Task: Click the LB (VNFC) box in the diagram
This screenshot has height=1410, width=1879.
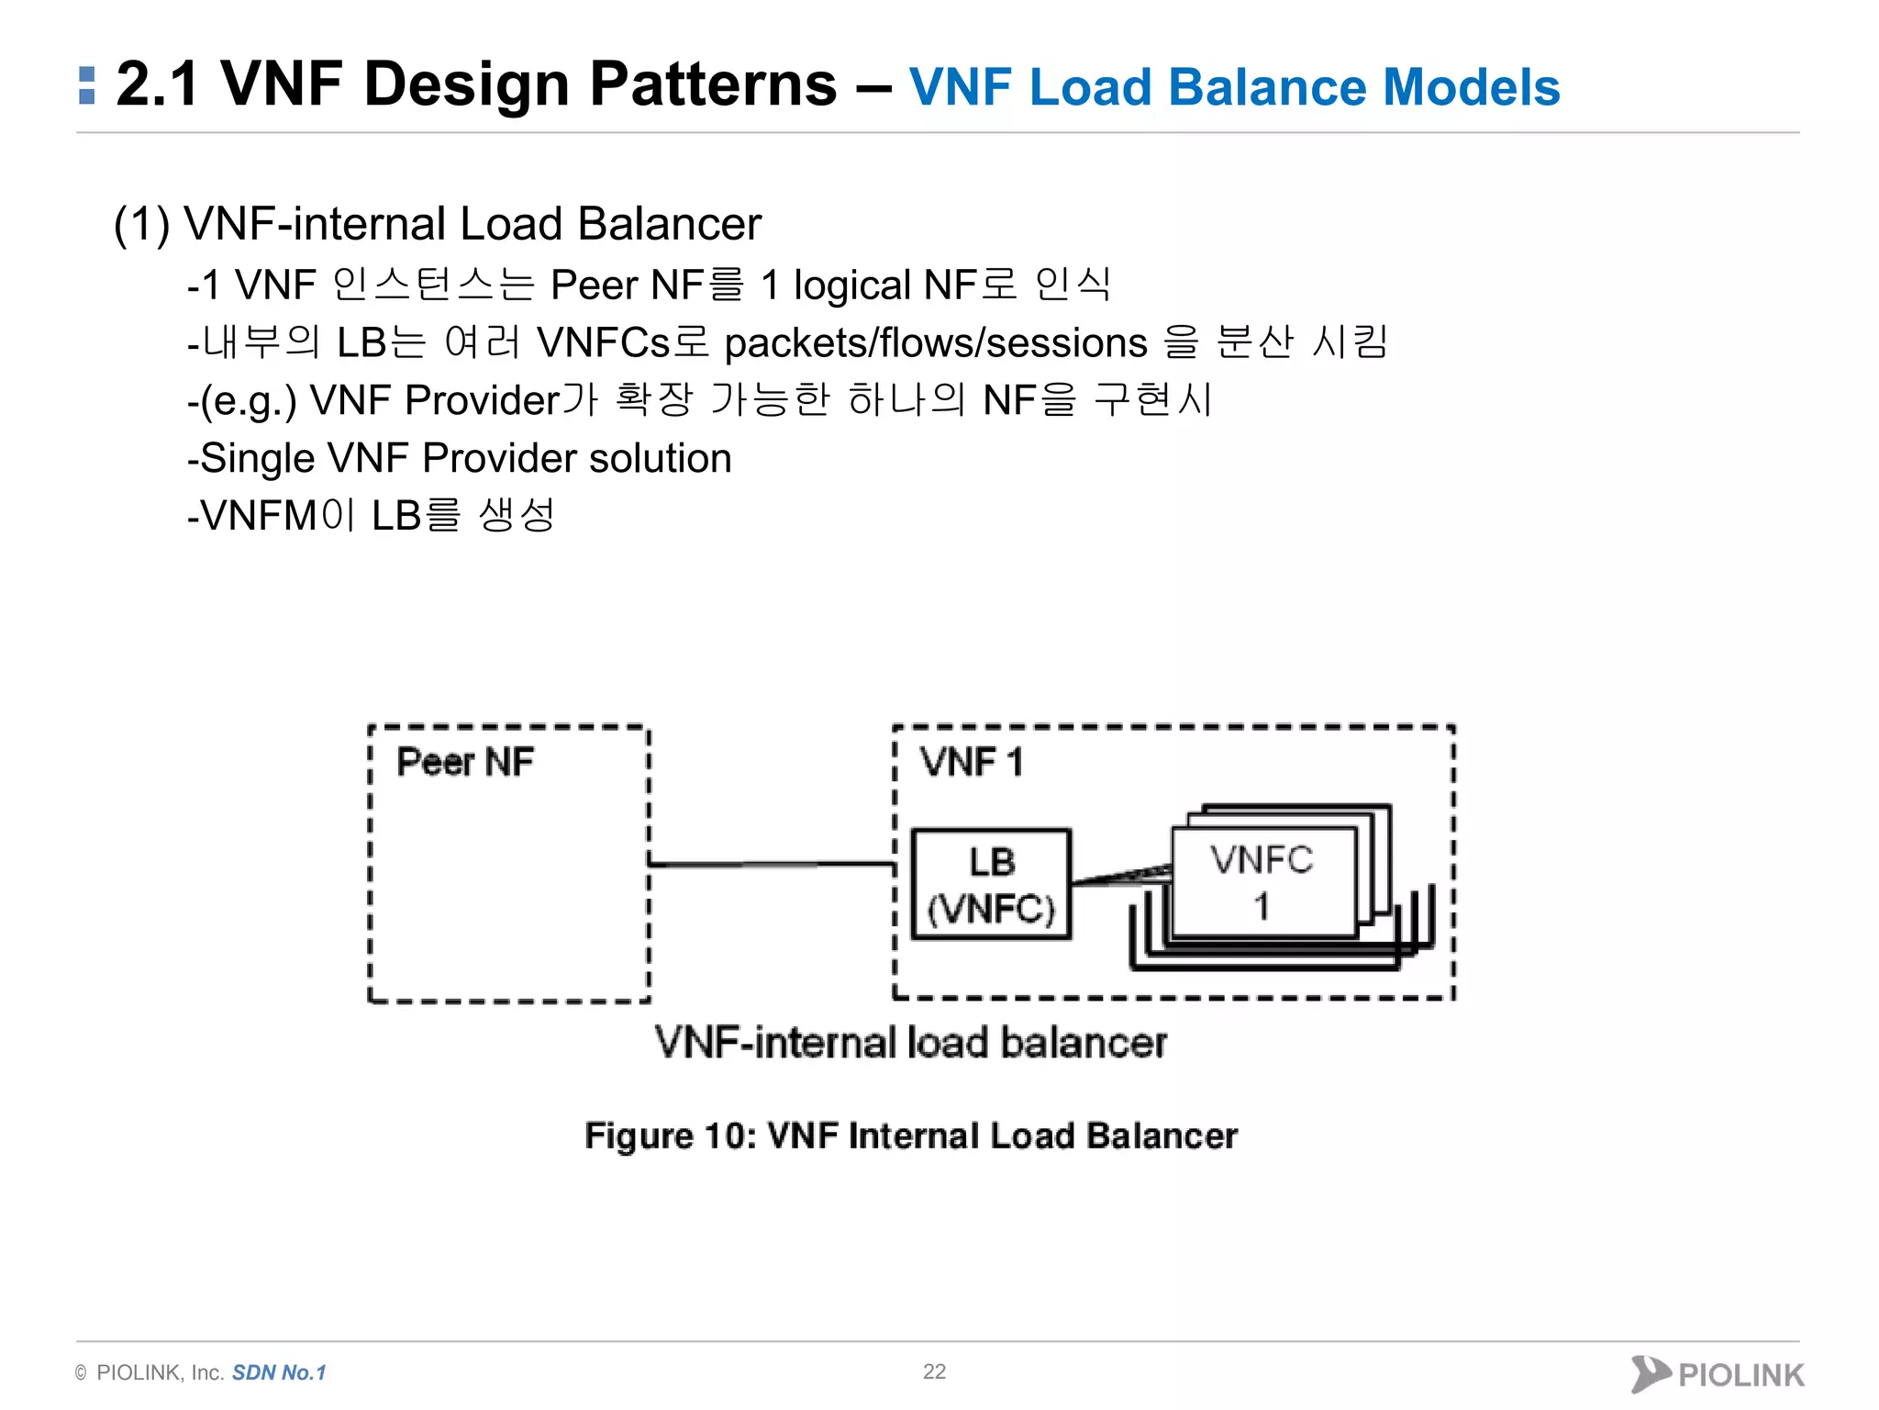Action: [991, 884]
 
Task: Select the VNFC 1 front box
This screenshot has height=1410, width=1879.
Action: [1262, 882]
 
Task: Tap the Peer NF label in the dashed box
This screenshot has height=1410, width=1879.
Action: [464, 762]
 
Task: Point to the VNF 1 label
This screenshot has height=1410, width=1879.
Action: [971, 762]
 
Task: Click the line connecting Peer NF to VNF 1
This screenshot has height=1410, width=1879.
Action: [771, 864]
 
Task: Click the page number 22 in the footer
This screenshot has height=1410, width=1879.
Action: [934, 1371]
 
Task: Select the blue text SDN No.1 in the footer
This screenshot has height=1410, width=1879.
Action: [279, 1372]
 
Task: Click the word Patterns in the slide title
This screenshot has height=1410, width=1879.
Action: [713, 84]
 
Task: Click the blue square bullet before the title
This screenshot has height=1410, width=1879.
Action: [87, 85]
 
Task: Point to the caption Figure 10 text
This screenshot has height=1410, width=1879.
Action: [910, 1136]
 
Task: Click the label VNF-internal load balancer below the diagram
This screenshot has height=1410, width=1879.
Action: [910, 1043]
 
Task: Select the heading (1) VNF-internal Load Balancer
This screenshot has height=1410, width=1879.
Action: [437, 224]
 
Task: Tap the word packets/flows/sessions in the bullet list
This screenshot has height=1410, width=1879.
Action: [935, 343]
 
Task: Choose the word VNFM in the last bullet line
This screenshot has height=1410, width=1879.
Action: [259, 516]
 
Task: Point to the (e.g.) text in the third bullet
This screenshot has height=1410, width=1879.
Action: [248, 401]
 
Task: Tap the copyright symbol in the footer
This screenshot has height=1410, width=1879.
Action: [82, 1373]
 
